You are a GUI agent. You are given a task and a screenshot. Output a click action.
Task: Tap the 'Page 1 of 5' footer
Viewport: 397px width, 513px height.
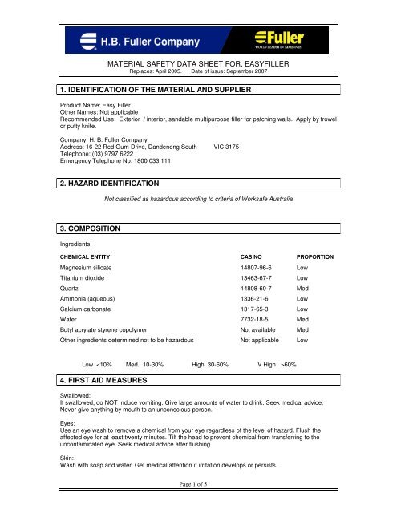click(x=198, y=498)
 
